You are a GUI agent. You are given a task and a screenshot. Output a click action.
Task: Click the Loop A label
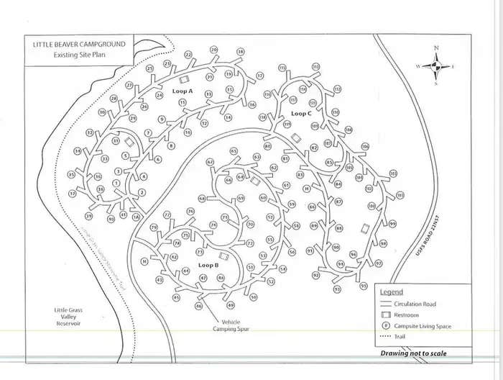point(183,91)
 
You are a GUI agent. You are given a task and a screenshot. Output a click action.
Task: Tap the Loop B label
point(208,266)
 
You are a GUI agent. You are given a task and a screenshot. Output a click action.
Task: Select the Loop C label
point(301,114)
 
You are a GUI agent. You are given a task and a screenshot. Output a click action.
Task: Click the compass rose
point(435,65)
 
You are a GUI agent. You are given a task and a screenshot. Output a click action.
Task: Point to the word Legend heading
point(391,293)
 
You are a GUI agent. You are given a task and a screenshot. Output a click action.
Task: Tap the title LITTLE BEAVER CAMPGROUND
point(79,45)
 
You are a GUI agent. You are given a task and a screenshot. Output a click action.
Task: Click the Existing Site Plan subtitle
point(79,55)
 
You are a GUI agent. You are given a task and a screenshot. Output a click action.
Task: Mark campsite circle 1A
point(135,216)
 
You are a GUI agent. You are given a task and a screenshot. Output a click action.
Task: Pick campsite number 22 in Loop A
point(188,55)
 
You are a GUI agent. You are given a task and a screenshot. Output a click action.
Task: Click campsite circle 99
point(392,224)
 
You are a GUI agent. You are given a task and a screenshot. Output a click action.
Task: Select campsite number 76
point(190,212)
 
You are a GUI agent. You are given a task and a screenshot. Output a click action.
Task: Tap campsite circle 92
point(315,276)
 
